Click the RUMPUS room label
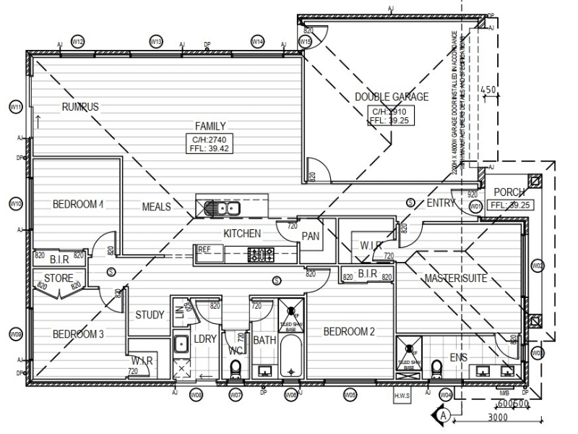80,107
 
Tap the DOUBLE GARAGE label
392,97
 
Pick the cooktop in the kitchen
261,254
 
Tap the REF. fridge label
204,249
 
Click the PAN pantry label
311,236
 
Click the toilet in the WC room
236,369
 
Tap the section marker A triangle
444,415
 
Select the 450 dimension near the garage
489,90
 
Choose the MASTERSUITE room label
455,278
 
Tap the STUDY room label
150,315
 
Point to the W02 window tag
537,266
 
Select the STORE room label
58,278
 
